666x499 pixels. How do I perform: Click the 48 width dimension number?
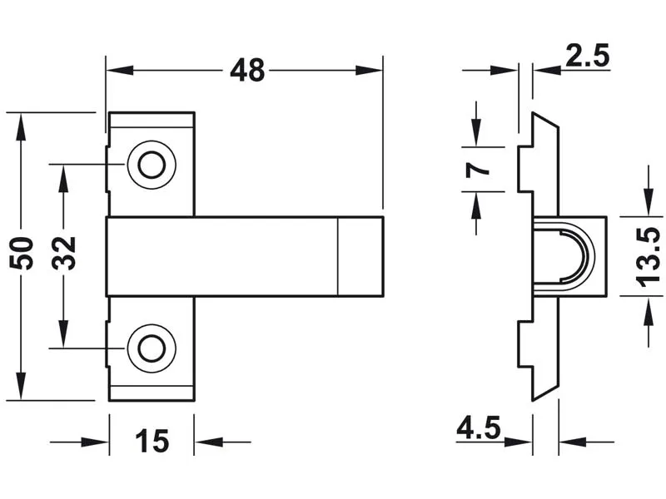pyautogui.click(x=247, y=71)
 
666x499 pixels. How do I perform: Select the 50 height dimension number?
pyautogui.click(x=22, y=254)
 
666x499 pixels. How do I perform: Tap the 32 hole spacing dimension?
pyautogui.click(x=64, y=254)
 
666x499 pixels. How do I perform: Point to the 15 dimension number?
pyautogui.click(x=152, y=442)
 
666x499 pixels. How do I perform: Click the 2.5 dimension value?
pyautogui.click(x=588, y=55)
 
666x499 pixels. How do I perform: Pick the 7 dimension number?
pyautogui.click(x=477, y=170)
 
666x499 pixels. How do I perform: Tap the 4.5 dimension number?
pyautogui.click(x=479, y=427)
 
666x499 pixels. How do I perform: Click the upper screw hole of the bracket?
pyautogui.click(x=152, y=165)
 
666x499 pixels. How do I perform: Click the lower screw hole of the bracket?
pyautogui.click(x=152, y=348)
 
